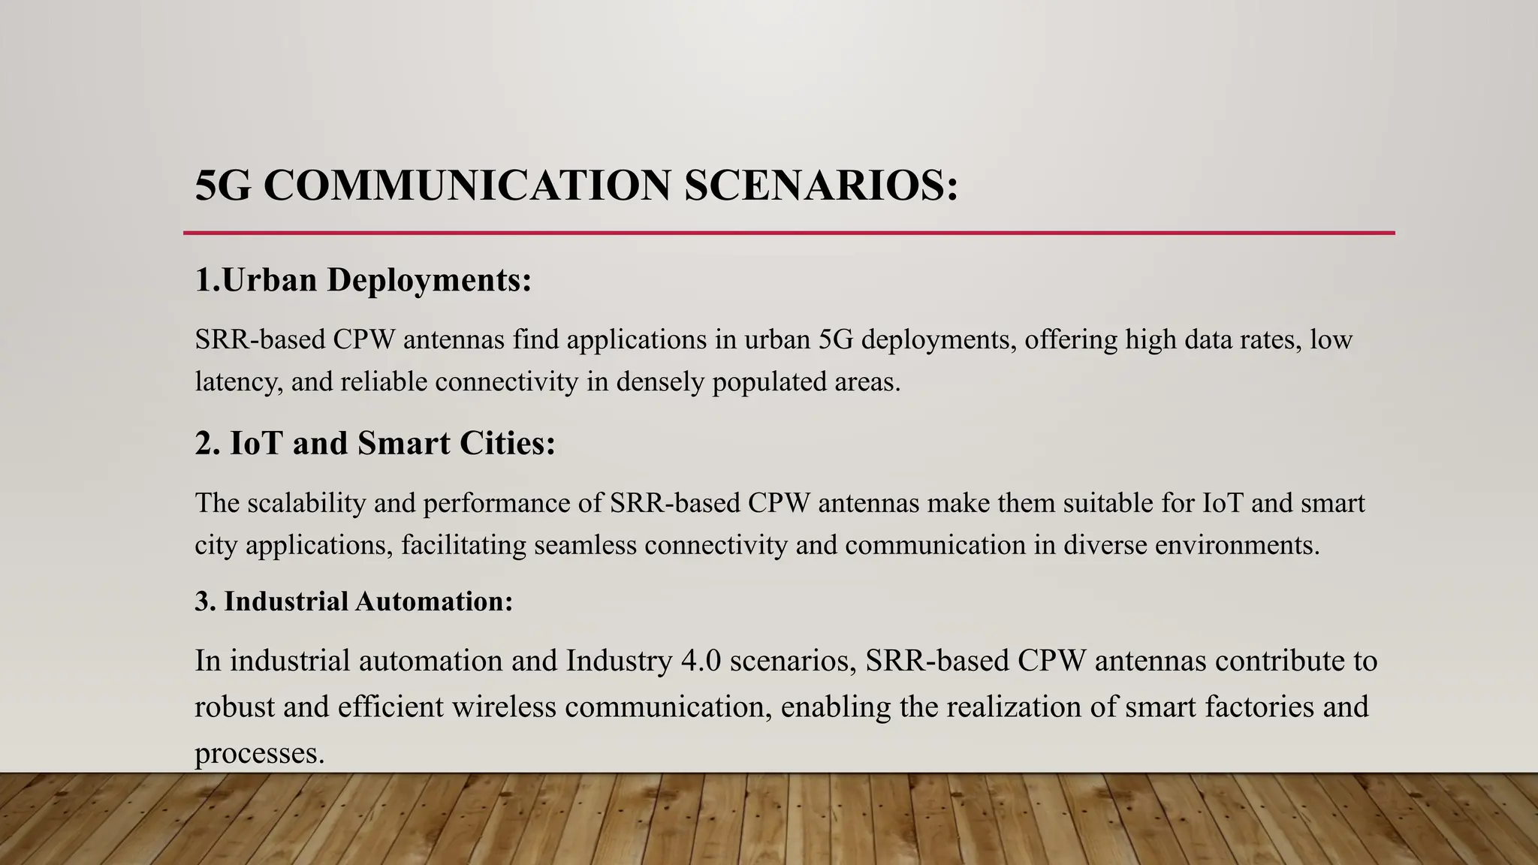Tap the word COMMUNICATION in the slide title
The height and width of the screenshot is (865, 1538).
pos(466,185)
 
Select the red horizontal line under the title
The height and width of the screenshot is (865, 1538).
pos(789,233)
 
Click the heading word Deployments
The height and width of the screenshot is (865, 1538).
pos(429,280)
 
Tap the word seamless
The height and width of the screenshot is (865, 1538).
pos(585,544)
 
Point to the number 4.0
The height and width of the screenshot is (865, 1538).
pos(701,661)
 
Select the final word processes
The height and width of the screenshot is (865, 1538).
pos(259,753)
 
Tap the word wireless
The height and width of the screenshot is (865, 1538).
pos(503,707)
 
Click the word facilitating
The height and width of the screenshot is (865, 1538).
pos(463,544)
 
